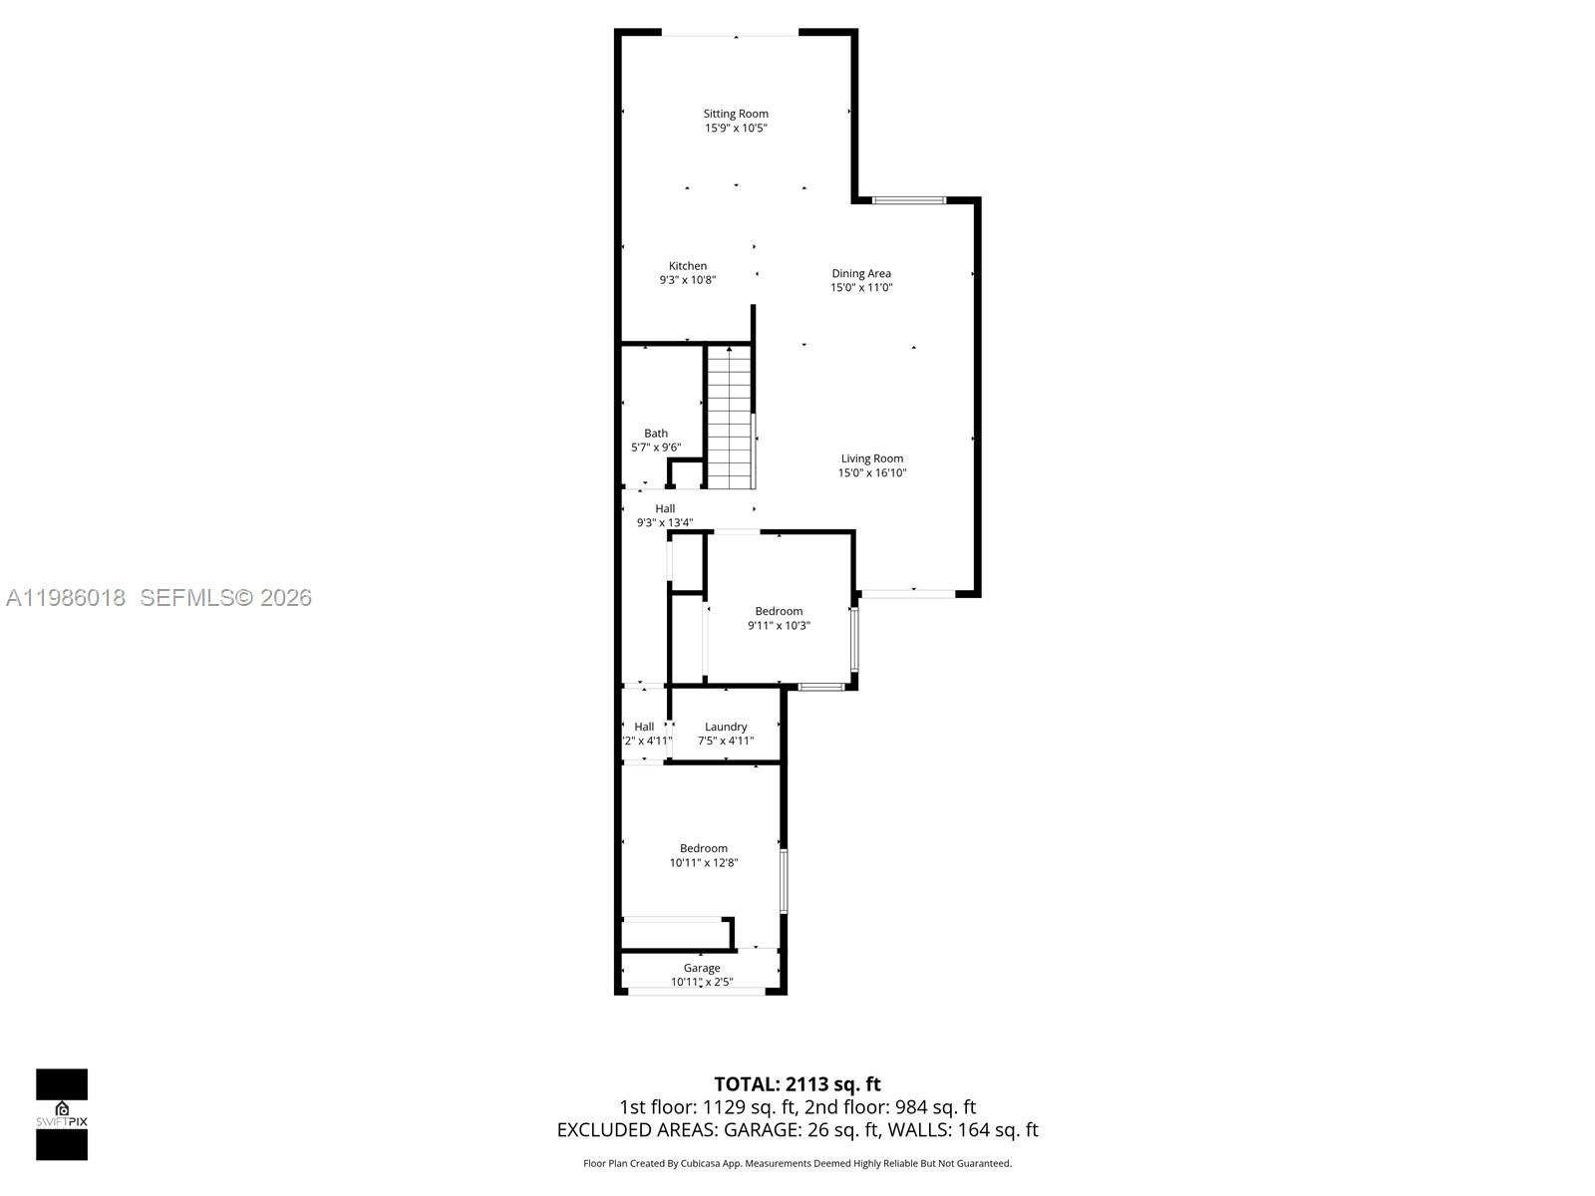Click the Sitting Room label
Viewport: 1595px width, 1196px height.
[x=736, y=114]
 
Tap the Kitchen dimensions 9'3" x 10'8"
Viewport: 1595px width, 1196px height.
[x=687, y=280]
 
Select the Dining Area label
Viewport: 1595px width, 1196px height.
[x=861, y=273]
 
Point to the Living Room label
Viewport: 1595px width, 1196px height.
[x=871, y=458]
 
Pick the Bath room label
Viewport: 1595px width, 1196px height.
[x=656, y=433]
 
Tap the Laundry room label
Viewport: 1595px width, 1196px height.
[x=726, y=727]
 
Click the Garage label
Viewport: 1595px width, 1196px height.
[x=702, y=968]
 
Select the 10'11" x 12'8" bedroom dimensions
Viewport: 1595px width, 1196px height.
[x=704, y=863]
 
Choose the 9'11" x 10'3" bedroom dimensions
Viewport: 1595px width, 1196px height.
[x=779, y=626]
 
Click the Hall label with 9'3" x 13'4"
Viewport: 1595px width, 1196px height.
[x=665, y=508]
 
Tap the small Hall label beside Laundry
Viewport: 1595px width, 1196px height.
[x=644, y=727]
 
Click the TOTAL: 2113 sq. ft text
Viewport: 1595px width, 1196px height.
[x=797, y=1084]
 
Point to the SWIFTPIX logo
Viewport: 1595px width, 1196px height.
[x=62, y=1114]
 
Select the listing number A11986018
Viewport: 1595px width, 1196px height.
[x=66, y=598]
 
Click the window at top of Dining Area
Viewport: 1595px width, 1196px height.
[x=908, y=200]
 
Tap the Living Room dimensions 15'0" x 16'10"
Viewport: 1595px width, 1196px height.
[x=871, y=473]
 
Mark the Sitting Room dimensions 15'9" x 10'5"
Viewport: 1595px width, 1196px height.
[x=736, y=129]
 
